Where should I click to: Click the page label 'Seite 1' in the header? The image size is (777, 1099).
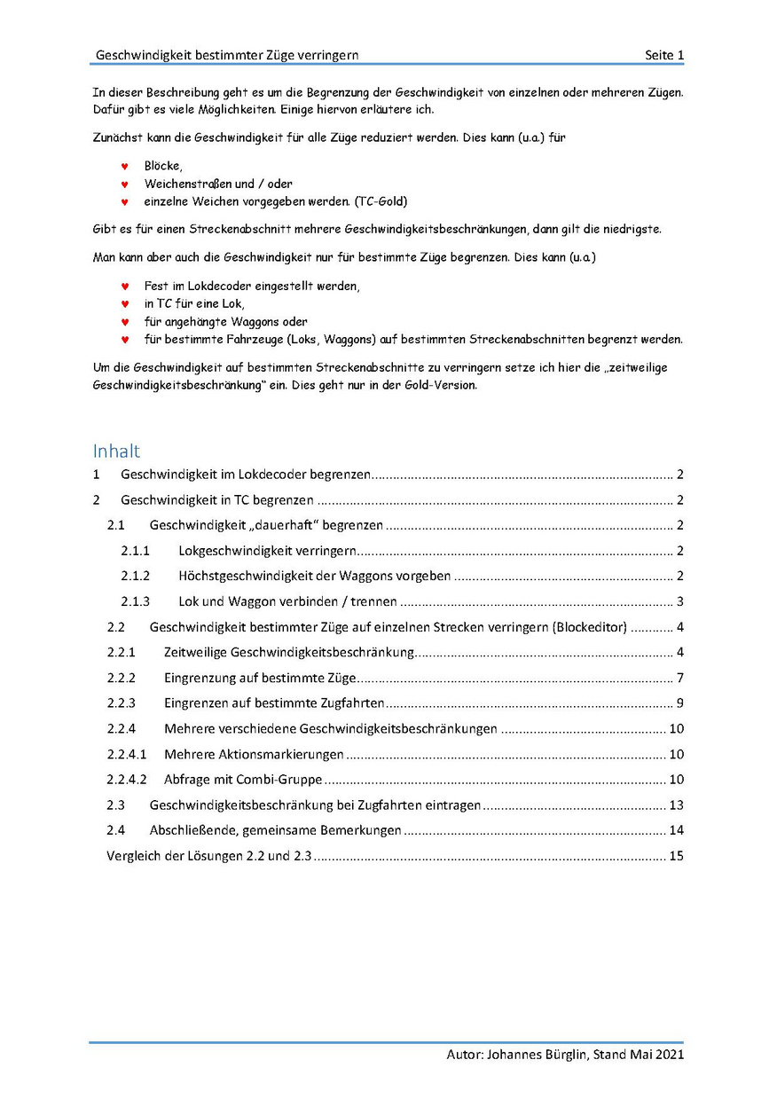pyautogui.click(x=664, y=55)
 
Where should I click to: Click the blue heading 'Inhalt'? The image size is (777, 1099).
pyautogui.click(x=116, y=451)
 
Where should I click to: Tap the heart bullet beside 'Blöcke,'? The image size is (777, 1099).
pyautogui.click(x=125, y=166)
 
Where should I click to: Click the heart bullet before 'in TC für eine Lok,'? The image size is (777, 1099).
pyautogui.click(x=125, y=304)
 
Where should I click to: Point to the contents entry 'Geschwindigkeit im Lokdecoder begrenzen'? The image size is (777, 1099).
pyautogui.click(x=246, y=474)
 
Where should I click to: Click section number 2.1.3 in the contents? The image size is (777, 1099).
pyautogui.click(x=136, y=601)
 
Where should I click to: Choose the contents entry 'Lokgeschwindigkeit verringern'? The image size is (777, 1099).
pyautogui.click(x=267, y=551)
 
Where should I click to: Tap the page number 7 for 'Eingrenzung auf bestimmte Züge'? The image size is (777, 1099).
pyautogui.click(x=679, y=679)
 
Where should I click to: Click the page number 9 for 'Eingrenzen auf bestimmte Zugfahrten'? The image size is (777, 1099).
pyautogui.click(x=679, y=704)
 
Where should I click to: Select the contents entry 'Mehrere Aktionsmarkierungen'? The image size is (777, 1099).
pyautogui.click(x=254, y=755)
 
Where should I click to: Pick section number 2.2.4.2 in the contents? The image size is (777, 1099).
pyautogui.click(x=127, y=781)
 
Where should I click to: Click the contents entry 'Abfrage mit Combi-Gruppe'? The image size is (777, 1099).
pyautogui.click(x=243, y=781)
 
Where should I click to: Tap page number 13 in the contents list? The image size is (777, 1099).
pyautogui.click(x=676, y=806)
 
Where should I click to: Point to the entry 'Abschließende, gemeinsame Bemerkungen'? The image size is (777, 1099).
pyautogui.click(x=276, y=831)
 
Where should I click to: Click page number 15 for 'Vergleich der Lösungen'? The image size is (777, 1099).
pyautogui.click(x=676, y=857)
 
